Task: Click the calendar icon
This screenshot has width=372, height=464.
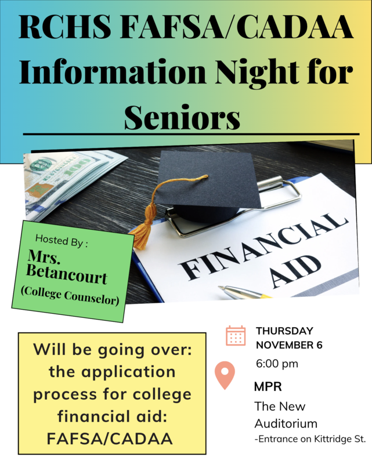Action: click(x=236, y=336)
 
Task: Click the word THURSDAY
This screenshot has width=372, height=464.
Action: click(x=284, y=331)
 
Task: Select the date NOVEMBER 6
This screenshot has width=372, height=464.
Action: click(x=289, y=345)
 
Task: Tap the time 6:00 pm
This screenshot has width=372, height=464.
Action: click(x=277, y=364)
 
